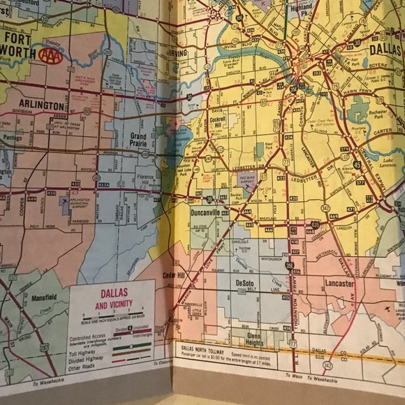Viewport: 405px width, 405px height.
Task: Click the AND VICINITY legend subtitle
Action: [x=112, y=305]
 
